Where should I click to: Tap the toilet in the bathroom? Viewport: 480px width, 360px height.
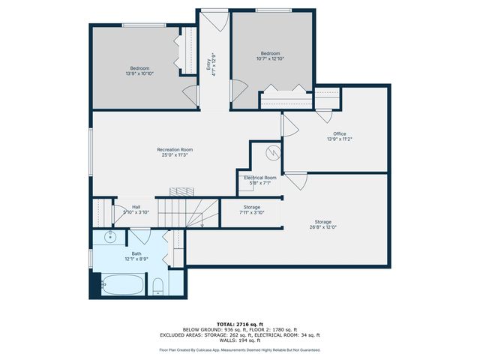pyautogui.click(x=158, y=285)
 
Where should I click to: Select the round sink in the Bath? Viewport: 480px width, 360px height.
pyautogui.click(x=109, y=238)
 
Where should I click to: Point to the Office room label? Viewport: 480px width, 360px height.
pyautogui.click(x=339, y=136)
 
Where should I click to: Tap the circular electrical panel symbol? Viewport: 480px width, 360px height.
pyautogui.click(x=274, y=154)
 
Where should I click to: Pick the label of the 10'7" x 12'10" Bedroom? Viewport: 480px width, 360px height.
pyautogui.click(x=270, y=55)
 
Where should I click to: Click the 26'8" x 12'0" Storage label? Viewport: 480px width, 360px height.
pyautogui.click(x=323, y=224)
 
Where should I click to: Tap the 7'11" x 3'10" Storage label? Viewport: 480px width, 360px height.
pyautogui.click(x=252, y=209)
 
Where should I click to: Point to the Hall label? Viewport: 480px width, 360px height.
pyautogui.click(x=136, y=209)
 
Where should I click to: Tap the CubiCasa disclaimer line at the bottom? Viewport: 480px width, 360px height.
pyautogui.click(x=240, y=349)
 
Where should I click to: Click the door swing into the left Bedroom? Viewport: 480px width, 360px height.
pyautogui.click(x=189, y=94)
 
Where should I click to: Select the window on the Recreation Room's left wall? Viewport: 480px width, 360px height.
pyautogui.click(x=91, y=154)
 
